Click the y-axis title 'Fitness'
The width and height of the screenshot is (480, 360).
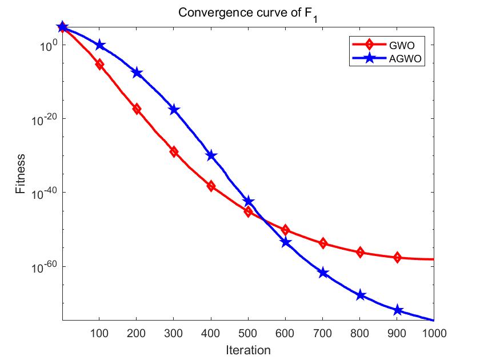tap(21, 174)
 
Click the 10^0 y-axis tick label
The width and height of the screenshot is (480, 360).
tap(47, 45)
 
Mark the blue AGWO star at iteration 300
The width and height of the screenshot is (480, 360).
tap(174, 109)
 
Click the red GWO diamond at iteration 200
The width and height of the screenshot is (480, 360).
tap(137, 109)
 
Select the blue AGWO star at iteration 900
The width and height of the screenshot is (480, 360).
tap(397, 310)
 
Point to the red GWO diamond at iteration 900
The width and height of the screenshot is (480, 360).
tap(397, 258)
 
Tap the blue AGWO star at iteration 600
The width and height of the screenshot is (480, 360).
tap(286, 242)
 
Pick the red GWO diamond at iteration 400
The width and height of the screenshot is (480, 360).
tap(211, 186)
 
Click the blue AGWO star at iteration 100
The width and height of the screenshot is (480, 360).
tap(99, 45)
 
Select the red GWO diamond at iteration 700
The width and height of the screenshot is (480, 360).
tap(323, 243)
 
